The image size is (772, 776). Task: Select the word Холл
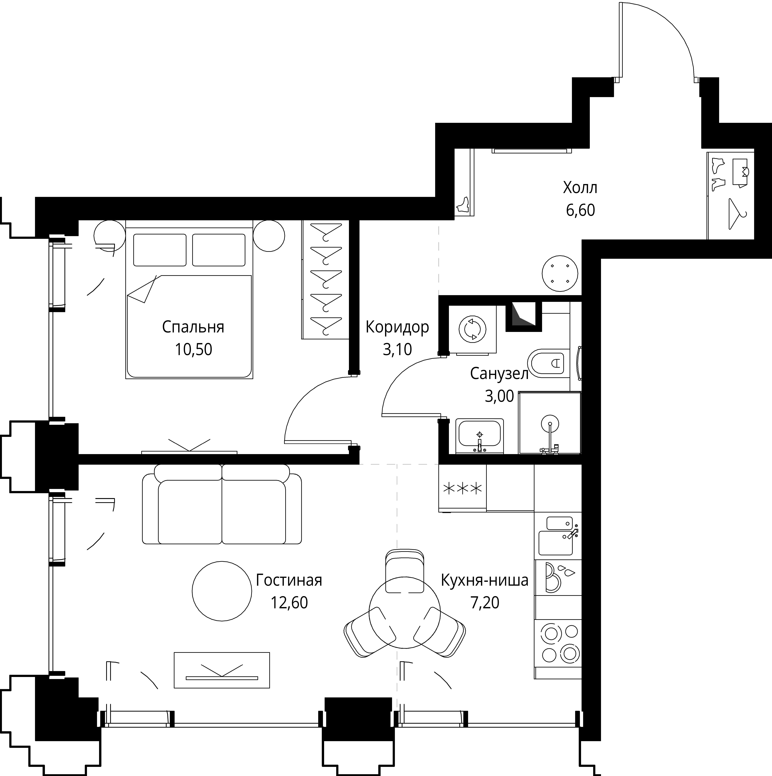click(x=580, y=188)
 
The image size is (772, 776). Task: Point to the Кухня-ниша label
click(x=485, y=580)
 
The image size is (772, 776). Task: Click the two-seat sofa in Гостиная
click(x=222, y=504)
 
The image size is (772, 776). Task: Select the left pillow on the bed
click(x=160, y=250)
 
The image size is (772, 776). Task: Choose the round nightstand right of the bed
click(x=269, y=236)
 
